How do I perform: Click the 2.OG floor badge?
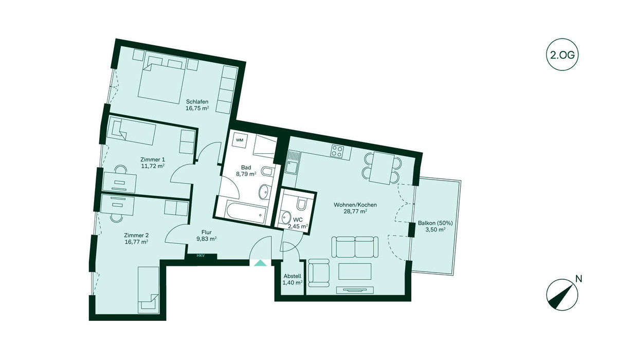tap(562, 55)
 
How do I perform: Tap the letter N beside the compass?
tap(579, 279)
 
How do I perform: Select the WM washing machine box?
tap(240, 140)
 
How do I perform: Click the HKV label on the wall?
tap(201, 256)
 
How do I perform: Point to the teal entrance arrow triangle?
tap(260, 263)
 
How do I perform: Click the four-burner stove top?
tap(337, 151)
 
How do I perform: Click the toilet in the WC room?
tap(301, 204)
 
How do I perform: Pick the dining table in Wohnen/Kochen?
tap(382, 168)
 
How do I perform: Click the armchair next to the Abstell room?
tap(319, 273)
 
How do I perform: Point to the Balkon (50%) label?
tap(435, 223)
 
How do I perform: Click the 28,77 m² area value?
tap(355, 211)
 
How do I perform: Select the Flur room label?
tap(206, 232)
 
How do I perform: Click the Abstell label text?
tap(292, 276)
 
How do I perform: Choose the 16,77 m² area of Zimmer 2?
tap(136, 242)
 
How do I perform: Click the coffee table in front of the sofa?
tap(355, 272)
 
